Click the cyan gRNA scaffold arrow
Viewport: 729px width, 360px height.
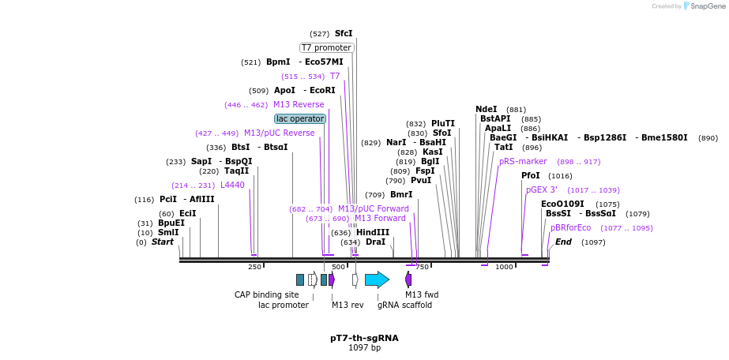pyautogui.click(x=377, y=279)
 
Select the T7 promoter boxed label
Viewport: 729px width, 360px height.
pyautogui.click(x=326, y=47)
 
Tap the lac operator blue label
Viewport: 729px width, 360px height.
pyautogui.click(x=300, y=118)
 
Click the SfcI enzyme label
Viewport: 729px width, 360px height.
pyautogui.click(x=344, y=34)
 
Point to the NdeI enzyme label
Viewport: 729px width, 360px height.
pyautogui.click(x=487, y=109)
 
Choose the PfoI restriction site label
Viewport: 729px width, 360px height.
pyautogui.click(x=531, y=175)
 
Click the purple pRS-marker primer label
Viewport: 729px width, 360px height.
pyautogui.click(x=523, y=161)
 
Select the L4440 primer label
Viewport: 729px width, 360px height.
pyautogui.click(x=232, y=185)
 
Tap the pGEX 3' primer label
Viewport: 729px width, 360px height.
pyautogui.click(x=542, y=189)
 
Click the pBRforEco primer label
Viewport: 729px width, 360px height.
pyautogui.click(x=570, y=227)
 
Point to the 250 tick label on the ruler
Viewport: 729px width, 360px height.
pyautogui.click(x=254, y=267)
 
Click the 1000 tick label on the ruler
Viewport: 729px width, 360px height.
pyautogui.click(x=504, y=267)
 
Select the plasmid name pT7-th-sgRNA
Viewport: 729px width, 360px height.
pyautogui.click(x=364, y=338)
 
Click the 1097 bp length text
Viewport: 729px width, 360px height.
pyautogui.click(x=364, y=348)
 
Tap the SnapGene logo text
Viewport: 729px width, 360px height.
pyautogui.click(x=705, y=6)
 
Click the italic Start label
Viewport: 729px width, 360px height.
pyautogui.click(x=162, y=242)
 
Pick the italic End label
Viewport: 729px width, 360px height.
pyautogui.click(x=563, y=242)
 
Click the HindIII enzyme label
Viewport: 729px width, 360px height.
pyautogui.click(x=372, y=232)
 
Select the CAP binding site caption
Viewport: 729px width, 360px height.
pyautogui.click(x=267, y=294)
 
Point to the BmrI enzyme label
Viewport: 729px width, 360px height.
pyautogui.click(x=401, y=194)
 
